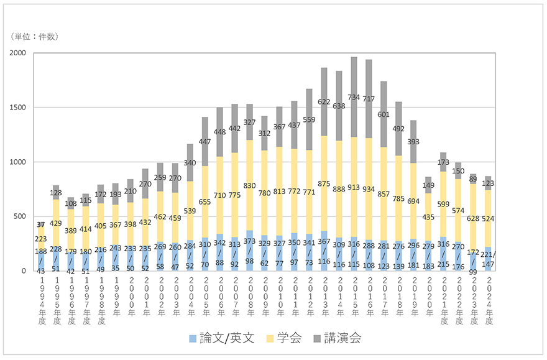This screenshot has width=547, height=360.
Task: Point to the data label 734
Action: coord(354,98)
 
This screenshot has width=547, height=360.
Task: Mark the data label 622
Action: coord(324,101)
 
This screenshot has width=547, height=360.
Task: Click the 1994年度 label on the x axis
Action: coord(40,298)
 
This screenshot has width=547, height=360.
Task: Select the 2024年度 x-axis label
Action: coord(489,298)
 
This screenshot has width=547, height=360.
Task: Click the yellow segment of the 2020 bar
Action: coord(429,218)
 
